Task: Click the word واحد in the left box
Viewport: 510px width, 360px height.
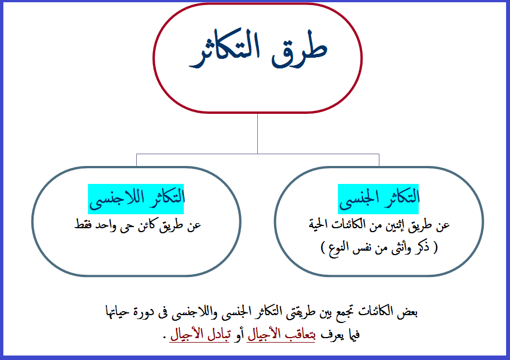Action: coord(110,225)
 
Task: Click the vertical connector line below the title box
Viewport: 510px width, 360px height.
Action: coord(258,133)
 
